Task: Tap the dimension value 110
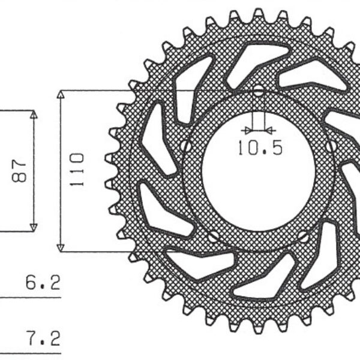pyautogui.click(x=76, y=170)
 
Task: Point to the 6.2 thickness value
pyautogui.click(x=43, y=283)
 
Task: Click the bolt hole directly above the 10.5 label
pyautogui.click(x=258, y=92)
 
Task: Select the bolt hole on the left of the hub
pyautogui.click(x=187, y=146)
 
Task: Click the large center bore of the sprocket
pyautogui.click(x=258, y=174)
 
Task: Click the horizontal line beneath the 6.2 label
pyautogui.click(x=30, y=297)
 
